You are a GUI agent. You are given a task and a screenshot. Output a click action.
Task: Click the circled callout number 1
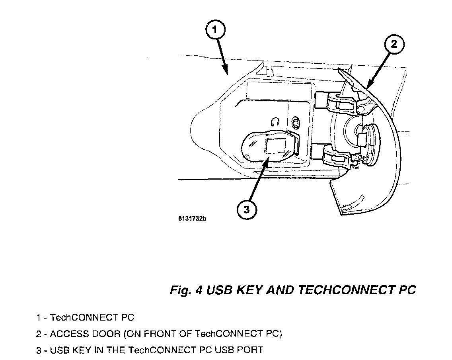click(x=215, y=29)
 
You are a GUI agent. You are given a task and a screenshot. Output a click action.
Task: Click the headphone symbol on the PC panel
click(x=275, y=121)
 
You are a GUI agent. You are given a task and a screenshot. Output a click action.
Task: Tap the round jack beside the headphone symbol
click(x=296, y=121)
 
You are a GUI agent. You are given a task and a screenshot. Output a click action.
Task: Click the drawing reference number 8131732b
click(x=192, y=219)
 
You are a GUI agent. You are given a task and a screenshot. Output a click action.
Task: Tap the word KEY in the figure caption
click(x=249, y=290)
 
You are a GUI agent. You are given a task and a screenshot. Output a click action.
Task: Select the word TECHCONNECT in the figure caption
click(x=345, y=290)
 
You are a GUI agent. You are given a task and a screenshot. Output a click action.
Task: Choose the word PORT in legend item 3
click(x=251, y=350)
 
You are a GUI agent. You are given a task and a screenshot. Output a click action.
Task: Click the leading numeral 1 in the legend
click(x=39, y=318)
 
